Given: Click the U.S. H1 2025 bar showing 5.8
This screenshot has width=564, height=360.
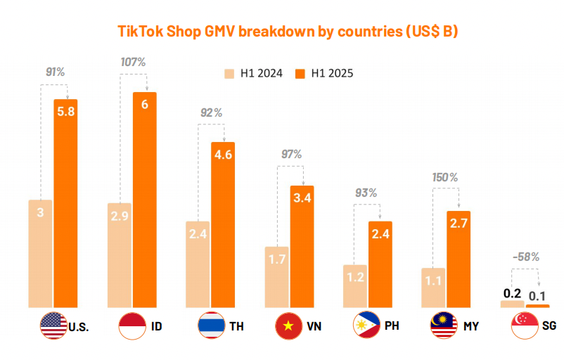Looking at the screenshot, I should pyautogui.click(x=65, y=204).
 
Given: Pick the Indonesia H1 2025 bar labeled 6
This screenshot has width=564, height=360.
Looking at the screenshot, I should pyautogui.click(x=144, y=200).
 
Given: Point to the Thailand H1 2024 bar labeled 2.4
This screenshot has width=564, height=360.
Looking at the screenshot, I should pyautogui.click(x=198, y=264).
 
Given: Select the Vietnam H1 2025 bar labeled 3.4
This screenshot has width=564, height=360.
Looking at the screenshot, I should pyautogui.click(x=302, y=247).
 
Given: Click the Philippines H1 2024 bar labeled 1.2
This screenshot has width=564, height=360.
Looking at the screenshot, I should pyautogui.click(x=355, y=286).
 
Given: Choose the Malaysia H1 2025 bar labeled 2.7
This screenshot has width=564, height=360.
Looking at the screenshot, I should pyautogui.click(x=459, y=259).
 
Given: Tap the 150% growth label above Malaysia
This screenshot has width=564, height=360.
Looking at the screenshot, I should pyautogui.click(x=444, y=177).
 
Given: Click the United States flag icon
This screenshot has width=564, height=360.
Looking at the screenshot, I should pyautogui.click(x=53, y=326).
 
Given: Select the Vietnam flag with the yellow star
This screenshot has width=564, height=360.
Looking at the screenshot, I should pyautogui.click(x=289, y=326).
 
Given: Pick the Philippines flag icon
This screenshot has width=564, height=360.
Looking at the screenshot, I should pyautogui.click(x=368, y=326).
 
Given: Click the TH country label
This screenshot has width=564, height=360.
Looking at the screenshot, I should pyautogui.click(x=236, y=326).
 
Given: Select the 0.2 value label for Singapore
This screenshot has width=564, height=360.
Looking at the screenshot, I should pyautogui.click(x=512, y=292).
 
